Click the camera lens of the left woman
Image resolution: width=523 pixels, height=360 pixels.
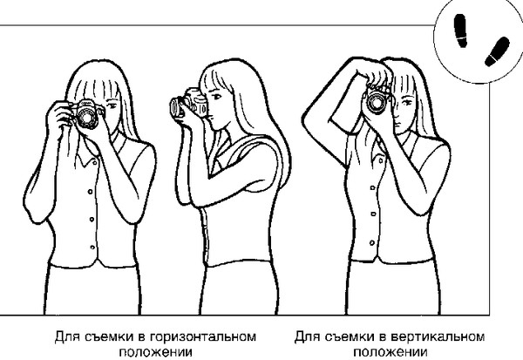87,117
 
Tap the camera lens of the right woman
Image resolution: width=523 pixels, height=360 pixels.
377,102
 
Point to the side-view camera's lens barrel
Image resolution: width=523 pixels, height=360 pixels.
176,107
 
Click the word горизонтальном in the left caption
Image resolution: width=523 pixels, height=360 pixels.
203,337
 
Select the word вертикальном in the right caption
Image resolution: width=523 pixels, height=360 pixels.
438,337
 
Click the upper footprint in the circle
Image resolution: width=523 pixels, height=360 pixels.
460,31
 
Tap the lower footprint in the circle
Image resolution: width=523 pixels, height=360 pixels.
497,51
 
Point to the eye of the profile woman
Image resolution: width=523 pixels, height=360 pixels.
216,97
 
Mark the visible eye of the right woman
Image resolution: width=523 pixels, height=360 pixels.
406,102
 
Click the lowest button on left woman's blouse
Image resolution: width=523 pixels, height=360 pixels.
92,248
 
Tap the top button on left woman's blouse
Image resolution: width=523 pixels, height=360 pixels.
94,163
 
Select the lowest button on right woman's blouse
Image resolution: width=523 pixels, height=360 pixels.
372,243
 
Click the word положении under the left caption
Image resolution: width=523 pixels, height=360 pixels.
155,352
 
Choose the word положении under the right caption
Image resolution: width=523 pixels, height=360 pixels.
391,352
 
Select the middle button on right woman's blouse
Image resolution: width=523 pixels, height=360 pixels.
373,214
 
